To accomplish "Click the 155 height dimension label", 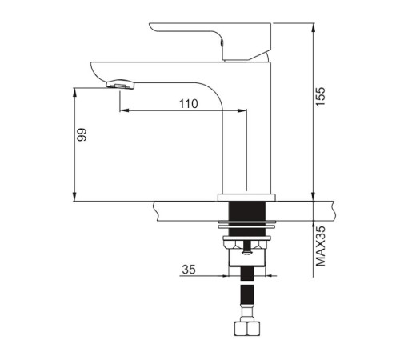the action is pyautogui.click(x=321, y=97).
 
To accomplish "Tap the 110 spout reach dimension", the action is pyautogui.click(x=188, y=104).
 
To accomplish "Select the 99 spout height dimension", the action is pyautogui.click(x=82, y=134).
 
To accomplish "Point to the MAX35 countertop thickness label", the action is pyautogui.click(x=321, y=246).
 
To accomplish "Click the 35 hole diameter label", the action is pyautogui.click(x=189, y=270).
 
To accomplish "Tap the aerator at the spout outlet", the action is pyautogui.click(x=121, y=84).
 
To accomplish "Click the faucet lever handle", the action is pyautogui.click(x=210, y=42).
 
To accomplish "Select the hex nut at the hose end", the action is pyautogui.click(x=246, y=329).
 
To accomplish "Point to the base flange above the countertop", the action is pyautogui.click(x=246, y=198).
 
